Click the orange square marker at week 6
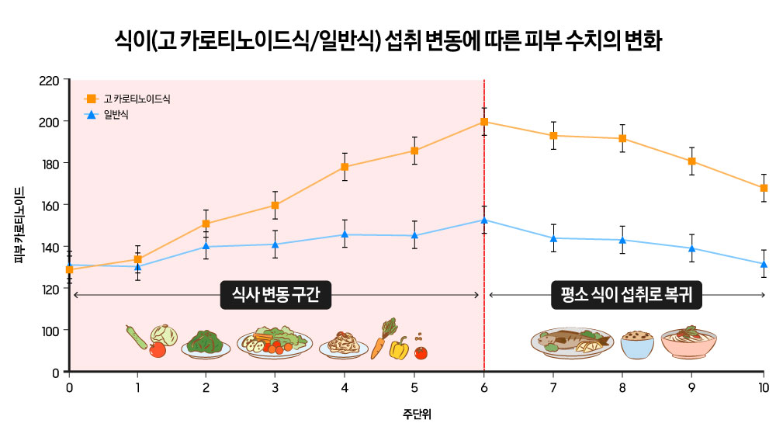click(x=484, y=122)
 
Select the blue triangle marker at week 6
click(x=484, y=220)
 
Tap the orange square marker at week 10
click(x=764, y=188)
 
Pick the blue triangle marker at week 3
click(x=275, y=245)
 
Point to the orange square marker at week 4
click(x=345, y=167)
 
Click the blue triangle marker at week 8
click(x=622, y=240)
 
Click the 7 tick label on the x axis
click(x=553, y=387)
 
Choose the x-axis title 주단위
click(x=416, y=414)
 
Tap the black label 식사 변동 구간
click(x=275, y=295)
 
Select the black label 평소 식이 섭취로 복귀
click(x=625, y=295)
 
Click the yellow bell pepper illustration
click(x=398, y=349)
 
